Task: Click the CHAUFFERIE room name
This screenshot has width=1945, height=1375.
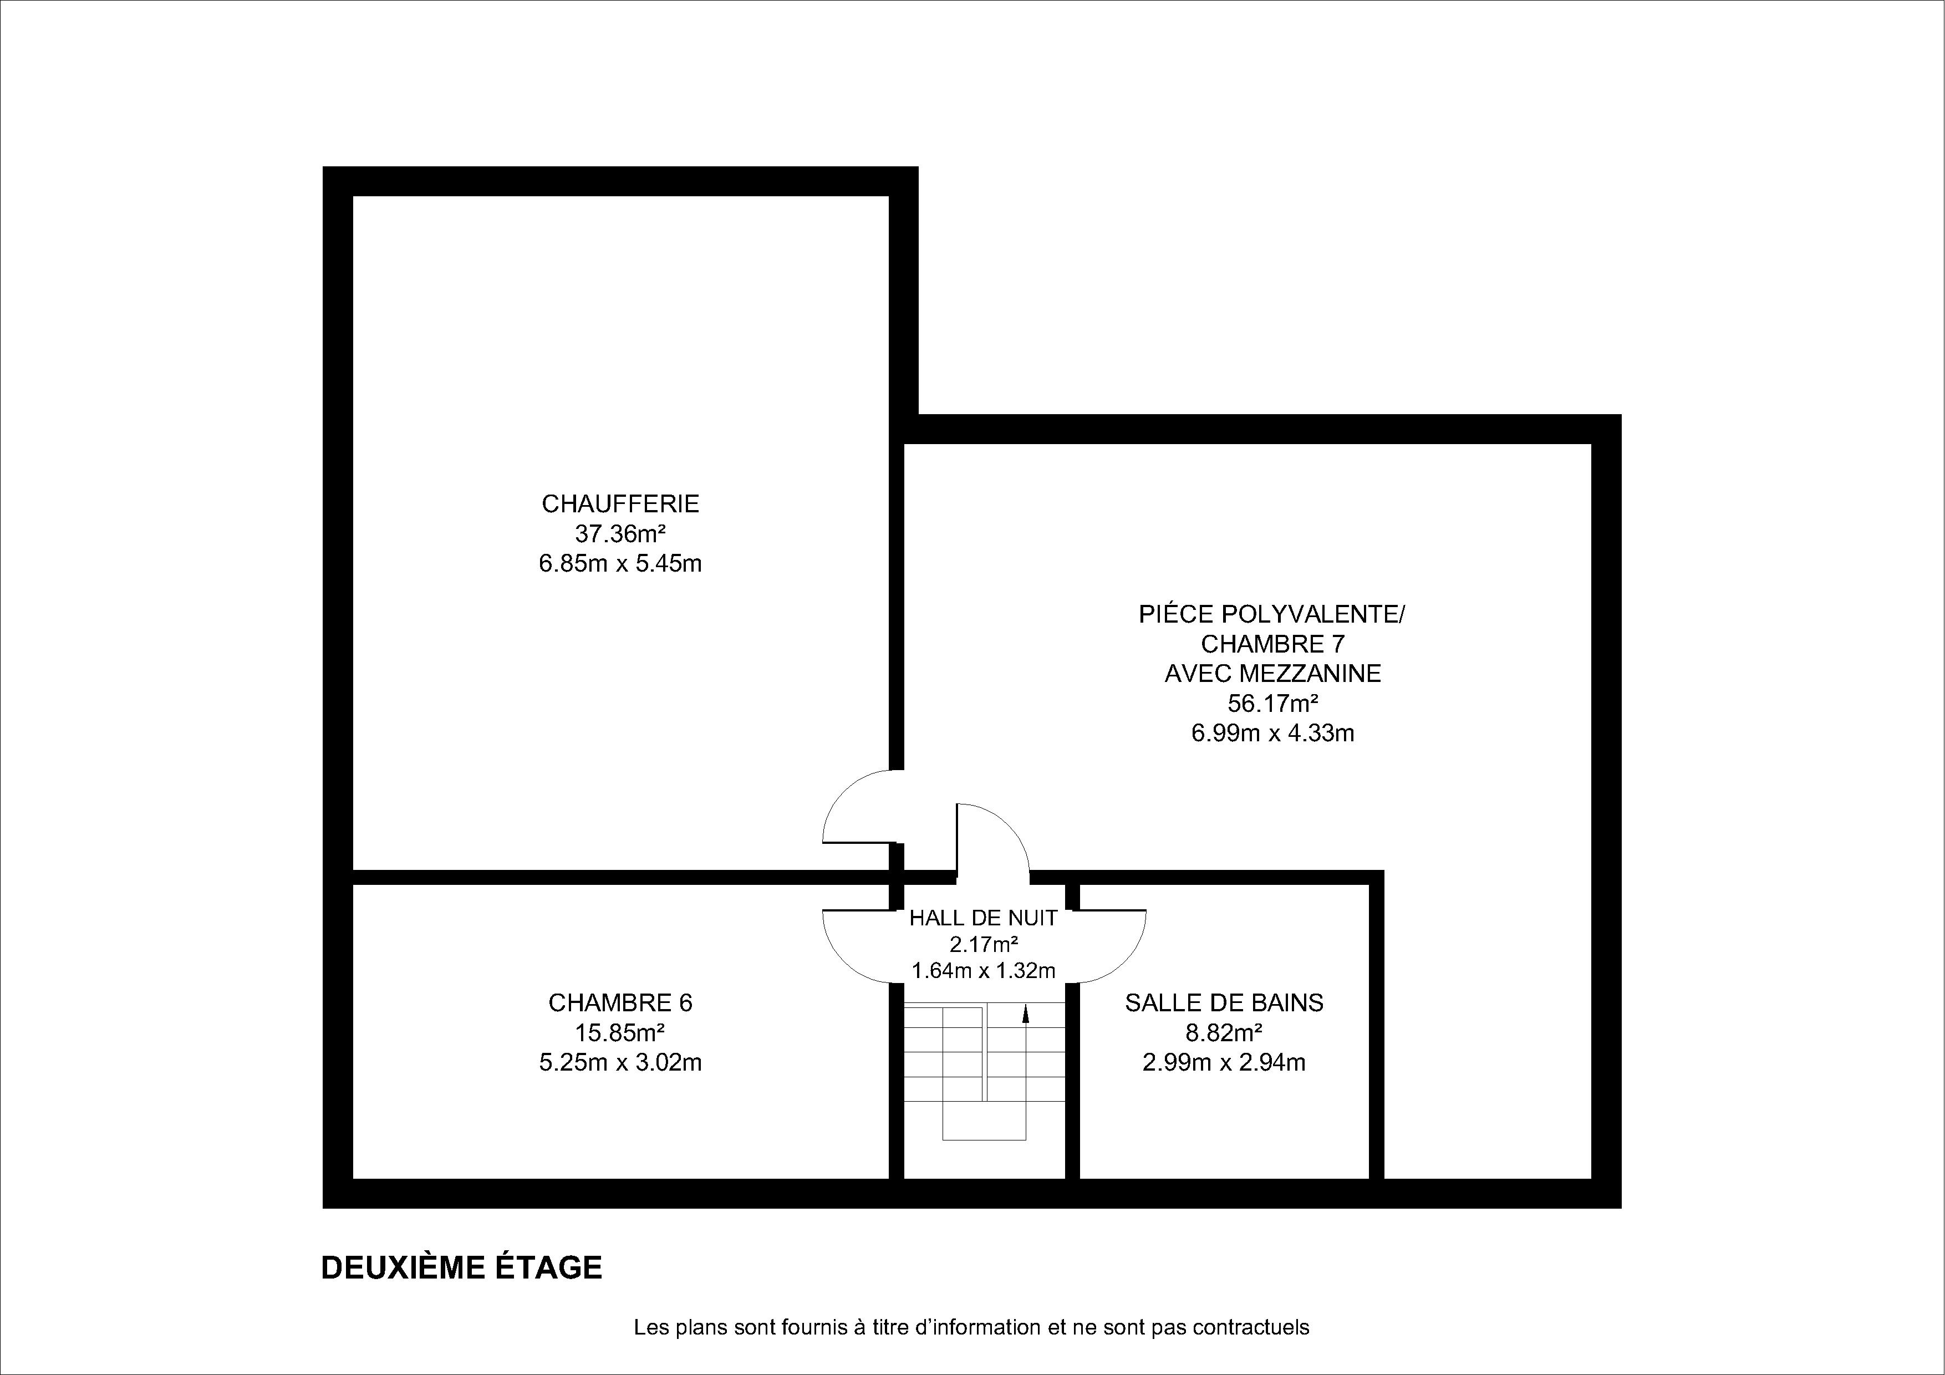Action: pyautogui.click(x=620, y=504)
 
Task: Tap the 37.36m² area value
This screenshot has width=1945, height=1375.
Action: pyautogui.click(x=620, y=534)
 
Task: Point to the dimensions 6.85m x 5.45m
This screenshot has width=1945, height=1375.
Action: pyautogui.click(x=620, y=563)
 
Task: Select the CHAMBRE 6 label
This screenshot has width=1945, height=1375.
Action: pyautogui.click(x=620, y=1003)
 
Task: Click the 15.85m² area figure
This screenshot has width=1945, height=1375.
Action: pyautogui.click(x=620, y=1033)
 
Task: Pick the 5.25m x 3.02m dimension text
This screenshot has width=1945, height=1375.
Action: pyautogui.click(x=620, y=1062)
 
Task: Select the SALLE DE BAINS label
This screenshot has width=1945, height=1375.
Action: pyautogui.click(x=1224, y=1003)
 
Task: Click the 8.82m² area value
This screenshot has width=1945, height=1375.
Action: pyautogui.click(x=1224, y=1033)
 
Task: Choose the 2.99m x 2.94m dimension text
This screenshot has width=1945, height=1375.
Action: pyautogui.click(x=1224, y=1062)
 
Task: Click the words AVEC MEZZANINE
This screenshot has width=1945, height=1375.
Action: pyautogui.click(x=1272, y=674)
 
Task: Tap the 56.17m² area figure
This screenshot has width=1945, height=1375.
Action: pyautogui.click(x=1272, y=703)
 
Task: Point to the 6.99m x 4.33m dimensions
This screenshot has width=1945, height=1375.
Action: pyautogui.click(x=1272, y=733)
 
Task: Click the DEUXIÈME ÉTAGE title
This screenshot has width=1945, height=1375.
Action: pyautogui.click(x=462, y=1268)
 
